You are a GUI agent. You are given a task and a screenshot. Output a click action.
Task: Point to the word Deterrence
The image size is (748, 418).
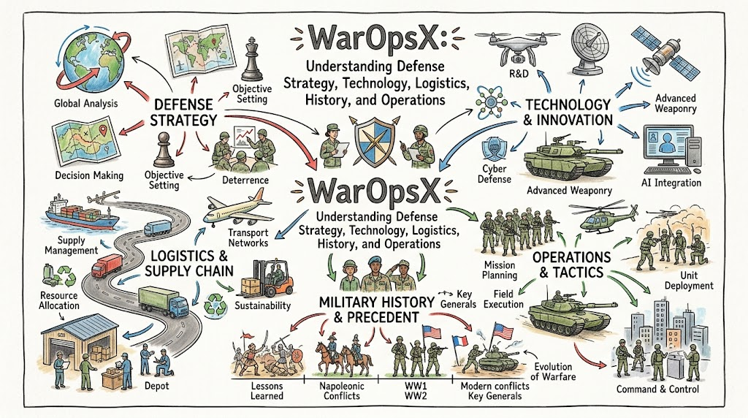(245, 180)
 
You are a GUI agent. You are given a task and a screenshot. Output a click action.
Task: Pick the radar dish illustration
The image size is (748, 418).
(589, 47)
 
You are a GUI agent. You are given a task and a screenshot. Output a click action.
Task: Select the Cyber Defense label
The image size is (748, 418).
(495, 174)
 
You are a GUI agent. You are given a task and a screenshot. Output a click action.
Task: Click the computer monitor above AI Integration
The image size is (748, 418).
(668, 145)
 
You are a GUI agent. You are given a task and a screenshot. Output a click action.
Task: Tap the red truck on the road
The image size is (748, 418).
(107, 266)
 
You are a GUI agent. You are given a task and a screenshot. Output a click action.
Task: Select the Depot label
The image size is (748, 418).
(156, 386)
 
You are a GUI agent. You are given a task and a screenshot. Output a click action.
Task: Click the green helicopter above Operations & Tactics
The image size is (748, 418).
(604, 217)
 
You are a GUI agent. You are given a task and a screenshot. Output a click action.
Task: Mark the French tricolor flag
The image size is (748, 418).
(460, 346)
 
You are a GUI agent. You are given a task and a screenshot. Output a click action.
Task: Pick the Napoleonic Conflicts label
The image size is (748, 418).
(342, 391)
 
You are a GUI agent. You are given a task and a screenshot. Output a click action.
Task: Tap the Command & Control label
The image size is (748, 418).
(657, 389)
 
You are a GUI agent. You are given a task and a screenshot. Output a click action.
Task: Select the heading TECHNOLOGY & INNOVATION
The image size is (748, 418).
(568, 112)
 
